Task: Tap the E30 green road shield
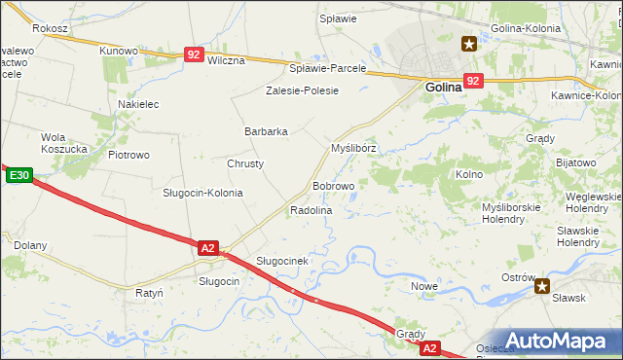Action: [19, 176]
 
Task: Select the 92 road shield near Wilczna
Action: [195, 55]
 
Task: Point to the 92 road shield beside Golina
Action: [473, 81]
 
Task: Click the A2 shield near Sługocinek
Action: [207, 248]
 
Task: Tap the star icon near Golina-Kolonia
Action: [468, 43]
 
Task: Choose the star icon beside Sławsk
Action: [542, 286]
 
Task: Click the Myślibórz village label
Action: [353, 149]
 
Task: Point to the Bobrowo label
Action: [333, 186]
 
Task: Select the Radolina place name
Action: [311, 210]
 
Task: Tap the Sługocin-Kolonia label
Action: [202, 193]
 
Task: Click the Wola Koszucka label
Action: [66, 143]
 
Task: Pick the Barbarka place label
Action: [265, 131]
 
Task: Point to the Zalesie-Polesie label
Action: [302, 90]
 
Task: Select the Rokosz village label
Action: [50, 29]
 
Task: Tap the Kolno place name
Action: [469, 174]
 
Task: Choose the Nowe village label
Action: [423, 286]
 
